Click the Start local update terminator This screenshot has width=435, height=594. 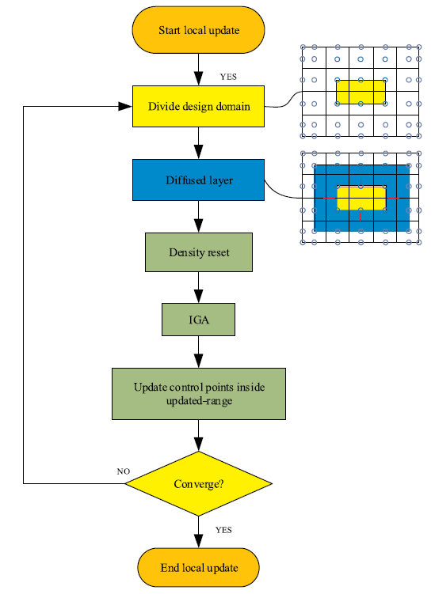tap(198, 30)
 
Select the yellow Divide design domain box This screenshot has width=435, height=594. tap(198, 107)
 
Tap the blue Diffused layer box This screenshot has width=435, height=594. tap(198, 180)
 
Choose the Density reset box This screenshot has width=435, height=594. tap(199, 252)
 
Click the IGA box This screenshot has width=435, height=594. tap(199, 320)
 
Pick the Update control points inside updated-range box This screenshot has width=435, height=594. tap(199, 394)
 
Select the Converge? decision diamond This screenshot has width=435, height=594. tap(199, 484)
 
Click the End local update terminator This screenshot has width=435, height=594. tap(199, 567)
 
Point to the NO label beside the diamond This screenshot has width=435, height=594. tap(124, 471)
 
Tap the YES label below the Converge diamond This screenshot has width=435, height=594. tap(223, 530)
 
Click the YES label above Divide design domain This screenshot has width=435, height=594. tap(228, 77)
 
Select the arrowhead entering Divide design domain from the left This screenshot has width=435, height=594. tap(125, 107)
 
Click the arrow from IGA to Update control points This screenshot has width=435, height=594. tap(199, 352)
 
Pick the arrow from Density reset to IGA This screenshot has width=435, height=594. tap(199, 288)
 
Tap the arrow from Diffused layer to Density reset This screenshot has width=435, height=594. tap(199, 217)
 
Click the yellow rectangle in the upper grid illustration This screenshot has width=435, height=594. tap(361, 92)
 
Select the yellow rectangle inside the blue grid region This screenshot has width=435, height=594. tap(361, 198)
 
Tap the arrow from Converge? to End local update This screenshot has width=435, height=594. tap(199, 532)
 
